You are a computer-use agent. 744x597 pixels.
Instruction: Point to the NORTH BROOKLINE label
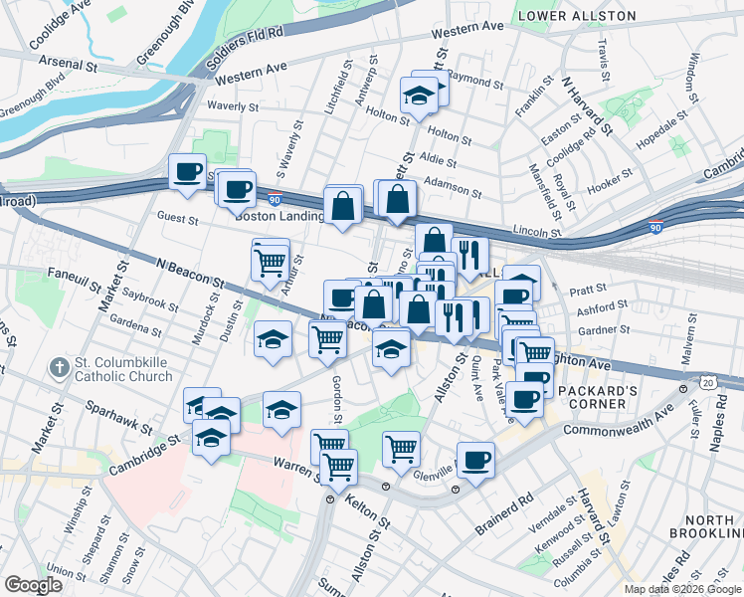[x=708, y=528]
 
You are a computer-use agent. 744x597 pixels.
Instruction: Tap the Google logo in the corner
[x=33, y=585]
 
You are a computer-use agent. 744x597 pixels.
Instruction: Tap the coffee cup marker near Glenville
[x=476, y=460]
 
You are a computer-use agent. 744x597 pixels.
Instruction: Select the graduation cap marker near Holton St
[x=419, y=96]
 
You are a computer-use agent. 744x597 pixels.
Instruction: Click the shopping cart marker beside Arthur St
[x=271, y=262]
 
